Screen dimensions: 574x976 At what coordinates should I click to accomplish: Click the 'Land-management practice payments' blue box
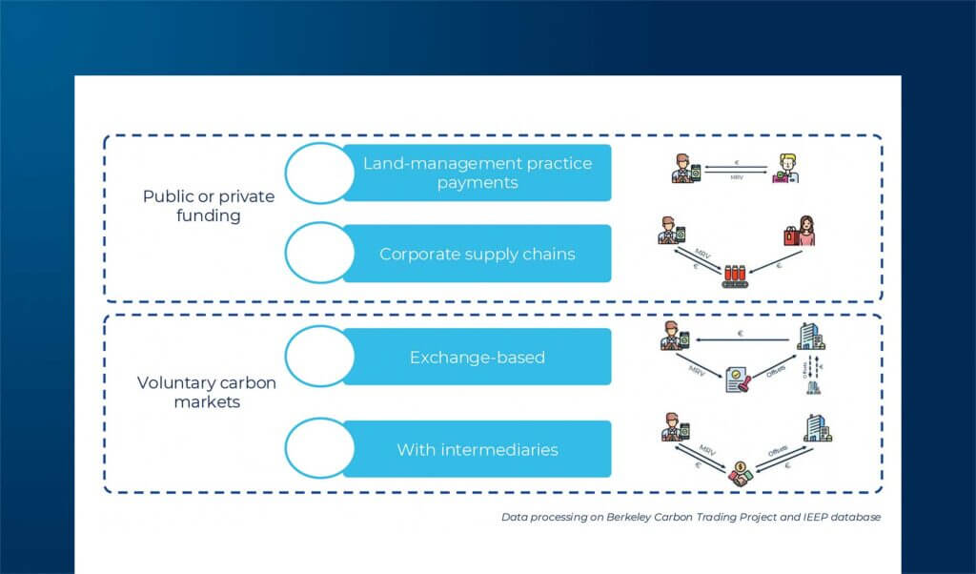(x=477, y=173)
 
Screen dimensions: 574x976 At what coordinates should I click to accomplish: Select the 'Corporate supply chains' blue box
(x=477, y=254)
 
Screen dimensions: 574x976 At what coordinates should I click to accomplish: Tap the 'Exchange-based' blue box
(x=477, y=358)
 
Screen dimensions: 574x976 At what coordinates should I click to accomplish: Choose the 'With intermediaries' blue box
(x=477, y=449)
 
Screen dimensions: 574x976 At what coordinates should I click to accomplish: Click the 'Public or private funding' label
(x=208, y=206)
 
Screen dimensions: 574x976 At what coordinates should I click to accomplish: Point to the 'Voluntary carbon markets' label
(x=207, y=393)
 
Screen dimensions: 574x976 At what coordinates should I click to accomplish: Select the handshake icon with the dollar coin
(x=738, y=473)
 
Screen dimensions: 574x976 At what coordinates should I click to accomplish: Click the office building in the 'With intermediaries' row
(x=818, y=428)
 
